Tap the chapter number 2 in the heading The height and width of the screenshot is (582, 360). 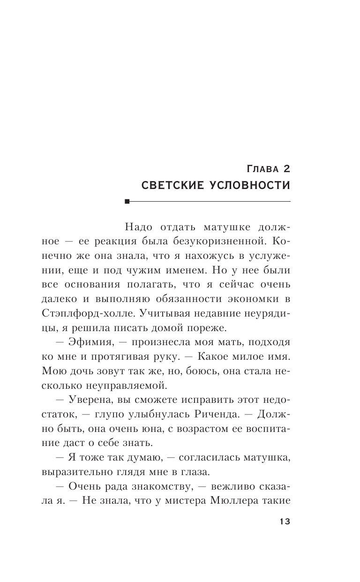point(286,168)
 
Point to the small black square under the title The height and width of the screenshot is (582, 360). point(127,202)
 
